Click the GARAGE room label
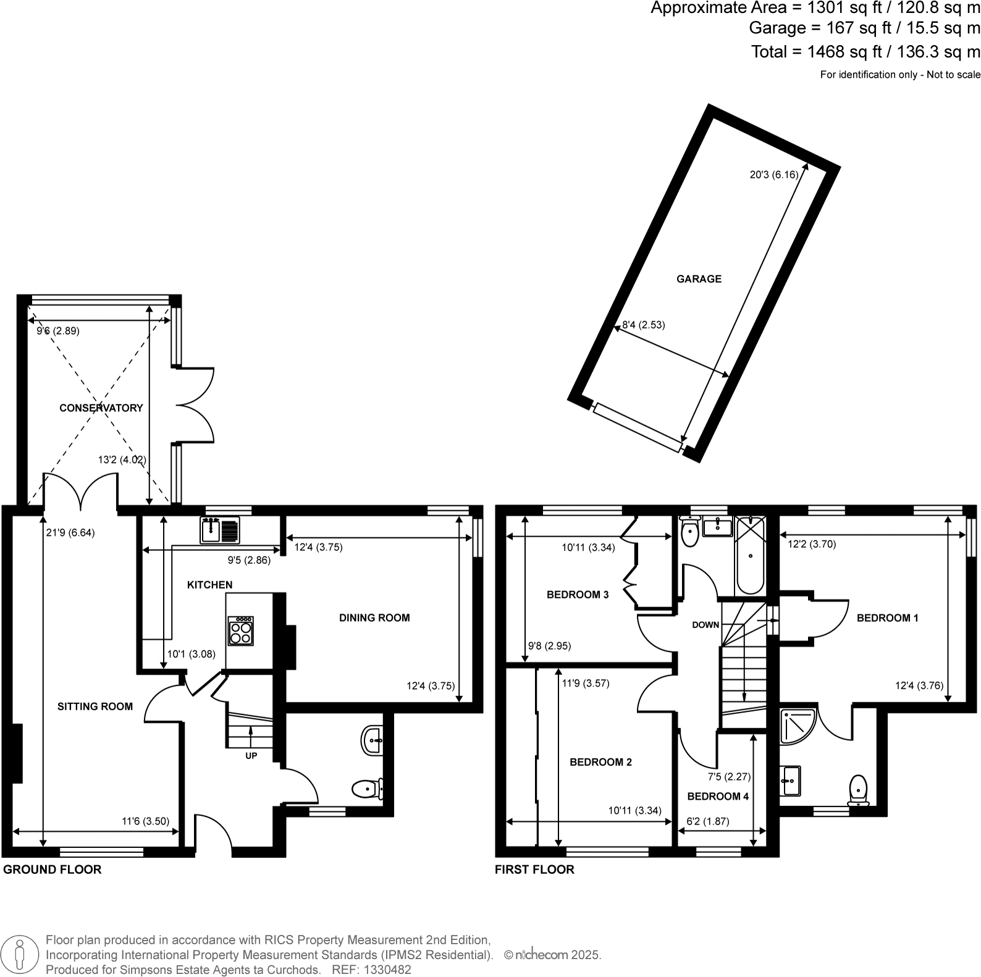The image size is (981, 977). point(699,279)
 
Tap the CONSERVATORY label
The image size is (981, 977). point(101,408)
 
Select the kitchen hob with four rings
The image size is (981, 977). point(240,631)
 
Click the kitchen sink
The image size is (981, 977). point(220,530)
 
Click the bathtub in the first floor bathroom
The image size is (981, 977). point(750,555)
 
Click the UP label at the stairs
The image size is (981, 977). point(251,755)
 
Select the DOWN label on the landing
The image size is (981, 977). point(705,624)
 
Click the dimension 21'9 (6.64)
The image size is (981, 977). point(70,532)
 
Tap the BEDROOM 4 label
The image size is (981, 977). point(718,796)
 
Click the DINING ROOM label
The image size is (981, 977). point(374,618)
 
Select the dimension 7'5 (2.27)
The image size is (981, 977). point(729,777)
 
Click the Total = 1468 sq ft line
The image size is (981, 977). point(865,52)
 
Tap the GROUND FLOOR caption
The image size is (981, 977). point(52,870)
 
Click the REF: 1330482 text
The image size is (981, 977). point(371,970)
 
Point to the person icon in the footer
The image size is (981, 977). point(20,954)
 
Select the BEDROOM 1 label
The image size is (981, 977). point(887,618)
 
